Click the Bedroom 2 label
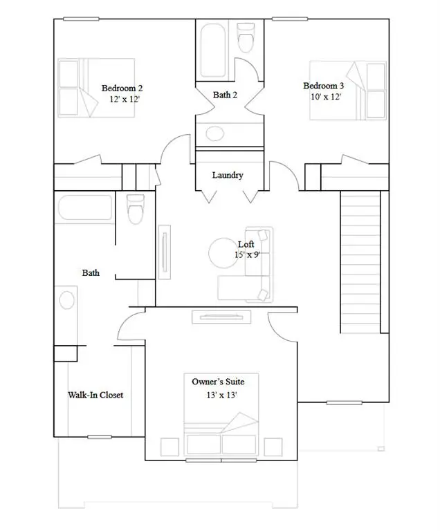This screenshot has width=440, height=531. [122, 88]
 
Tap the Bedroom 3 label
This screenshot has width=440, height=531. [323, 86]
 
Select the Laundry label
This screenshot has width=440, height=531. [228, 175]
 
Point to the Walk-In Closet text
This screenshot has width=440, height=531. [95, 395]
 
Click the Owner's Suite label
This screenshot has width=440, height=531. [218, 381]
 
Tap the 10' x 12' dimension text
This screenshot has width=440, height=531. [327, 97]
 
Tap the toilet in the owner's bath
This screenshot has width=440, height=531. [136, 208]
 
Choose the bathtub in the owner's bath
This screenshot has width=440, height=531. [82, 208]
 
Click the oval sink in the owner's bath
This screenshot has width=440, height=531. [67, 300]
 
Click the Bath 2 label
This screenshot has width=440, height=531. [226, 95]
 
